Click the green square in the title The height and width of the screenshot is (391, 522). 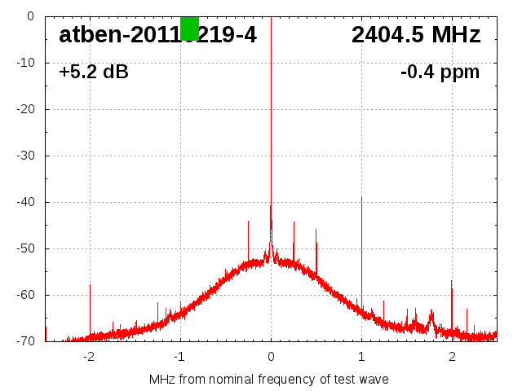[x=189, y=28]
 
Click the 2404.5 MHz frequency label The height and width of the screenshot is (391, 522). [x=416, y=35]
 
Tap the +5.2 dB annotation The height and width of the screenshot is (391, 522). [x=94, y=72]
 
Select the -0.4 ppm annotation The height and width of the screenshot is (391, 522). [x=440, y=72]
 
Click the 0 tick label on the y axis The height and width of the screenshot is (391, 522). [x=29, y=16]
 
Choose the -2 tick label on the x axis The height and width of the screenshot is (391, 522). [x=89, y=356]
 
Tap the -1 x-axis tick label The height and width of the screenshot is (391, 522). [x=179, y=356]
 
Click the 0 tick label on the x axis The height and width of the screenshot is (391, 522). [x=271, y=356]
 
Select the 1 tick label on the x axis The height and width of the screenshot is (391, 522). [x=361, y=356]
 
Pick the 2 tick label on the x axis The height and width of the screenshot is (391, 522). [x=452, y=356]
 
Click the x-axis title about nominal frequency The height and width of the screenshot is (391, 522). [x=269, y=379]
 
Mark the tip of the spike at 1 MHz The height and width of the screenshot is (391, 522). [x=361, y=197]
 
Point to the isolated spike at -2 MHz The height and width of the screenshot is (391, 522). [x=90, y=286]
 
